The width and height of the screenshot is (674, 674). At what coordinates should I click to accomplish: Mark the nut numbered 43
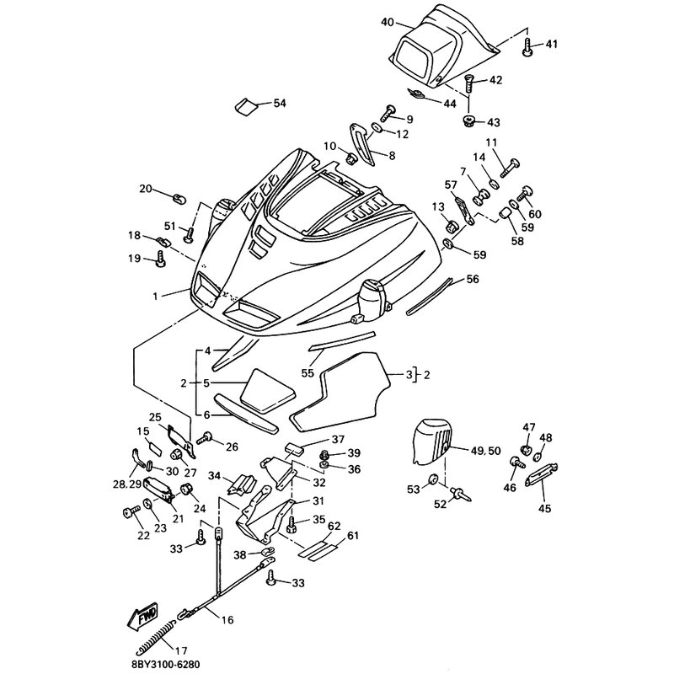pos(468,120)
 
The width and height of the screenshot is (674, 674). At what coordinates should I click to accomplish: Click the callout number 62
pos(334,526)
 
